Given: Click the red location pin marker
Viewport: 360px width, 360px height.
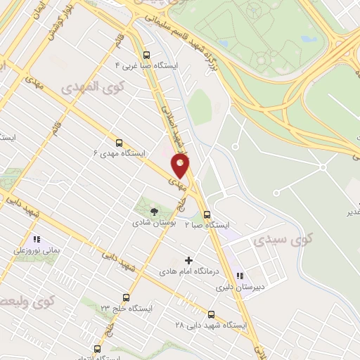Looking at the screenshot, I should pos(181,167).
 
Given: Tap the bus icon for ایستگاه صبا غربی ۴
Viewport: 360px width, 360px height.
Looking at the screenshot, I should pos(146,54).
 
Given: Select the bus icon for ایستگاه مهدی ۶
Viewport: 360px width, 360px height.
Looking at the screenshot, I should pos(118,141).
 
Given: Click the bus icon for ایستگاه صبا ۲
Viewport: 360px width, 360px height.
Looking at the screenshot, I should pos(206,214).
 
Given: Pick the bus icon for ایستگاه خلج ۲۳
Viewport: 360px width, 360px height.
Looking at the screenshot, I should pos(126,297).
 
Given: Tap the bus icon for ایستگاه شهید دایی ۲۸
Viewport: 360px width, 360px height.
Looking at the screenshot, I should pos(211,314).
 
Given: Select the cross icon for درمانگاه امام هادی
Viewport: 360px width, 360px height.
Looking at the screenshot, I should pos(188,260).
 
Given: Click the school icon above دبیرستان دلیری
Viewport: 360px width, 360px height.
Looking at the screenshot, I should pos(240,276).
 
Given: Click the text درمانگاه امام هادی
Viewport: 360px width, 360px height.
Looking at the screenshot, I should pos(186,271).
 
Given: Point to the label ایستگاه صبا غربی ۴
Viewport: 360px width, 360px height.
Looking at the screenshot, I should pos(146,65).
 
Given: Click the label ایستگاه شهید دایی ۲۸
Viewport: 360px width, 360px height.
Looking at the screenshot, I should pos(211,326).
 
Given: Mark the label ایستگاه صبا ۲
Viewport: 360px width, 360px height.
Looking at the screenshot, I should pos(207,225).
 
